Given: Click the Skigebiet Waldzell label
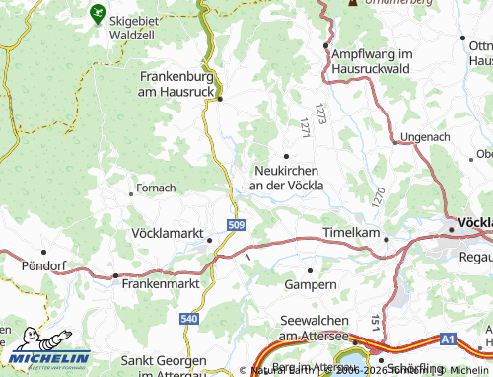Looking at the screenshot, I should pos(139,25).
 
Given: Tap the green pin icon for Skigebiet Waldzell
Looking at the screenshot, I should pos(97,14).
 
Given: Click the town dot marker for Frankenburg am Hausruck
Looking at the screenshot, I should pos(220,99).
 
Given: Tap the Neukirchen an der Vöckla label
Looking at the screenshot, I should pos(287,177).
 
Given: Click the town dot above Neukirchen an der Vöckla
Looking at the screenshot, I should pos(287,156).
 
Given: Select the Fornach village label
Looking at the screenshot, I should pos(156,188).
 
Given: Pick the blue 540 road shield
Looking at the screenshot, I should pos(189,320).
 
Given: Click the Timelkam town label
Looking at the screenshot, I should pos(351,232).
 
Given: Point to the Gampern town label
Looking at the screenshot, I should pos(310,284).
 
